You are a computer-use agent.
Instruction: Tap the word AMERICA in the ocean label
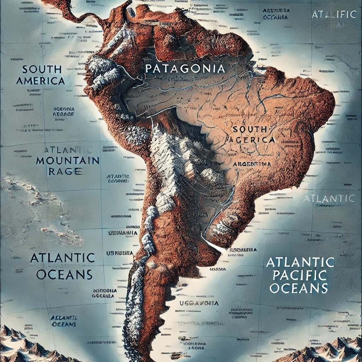click(x=41, y=81)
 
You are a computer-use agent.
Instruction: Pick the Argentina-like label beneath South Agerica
click(x=252, y=164)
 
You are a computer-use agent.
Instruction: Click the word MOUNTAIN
click(x=68, y=160)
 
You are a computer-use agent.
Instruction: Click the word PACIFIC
click(x=299, y=275)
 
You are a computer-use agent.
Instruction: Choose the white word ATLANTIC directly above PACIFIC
click(x=300, y=262)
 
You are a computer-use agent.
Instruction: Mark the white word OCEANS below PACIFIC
click(x=299, y=287)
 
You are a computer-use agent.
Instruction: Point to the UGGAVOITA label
click(x=199, y=303)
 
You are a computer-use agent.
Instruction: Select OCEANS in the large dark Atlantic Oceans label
click(x=64, y=274)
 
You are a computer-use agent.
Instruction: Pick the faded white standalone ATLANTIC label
click(x=329, y=198)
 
